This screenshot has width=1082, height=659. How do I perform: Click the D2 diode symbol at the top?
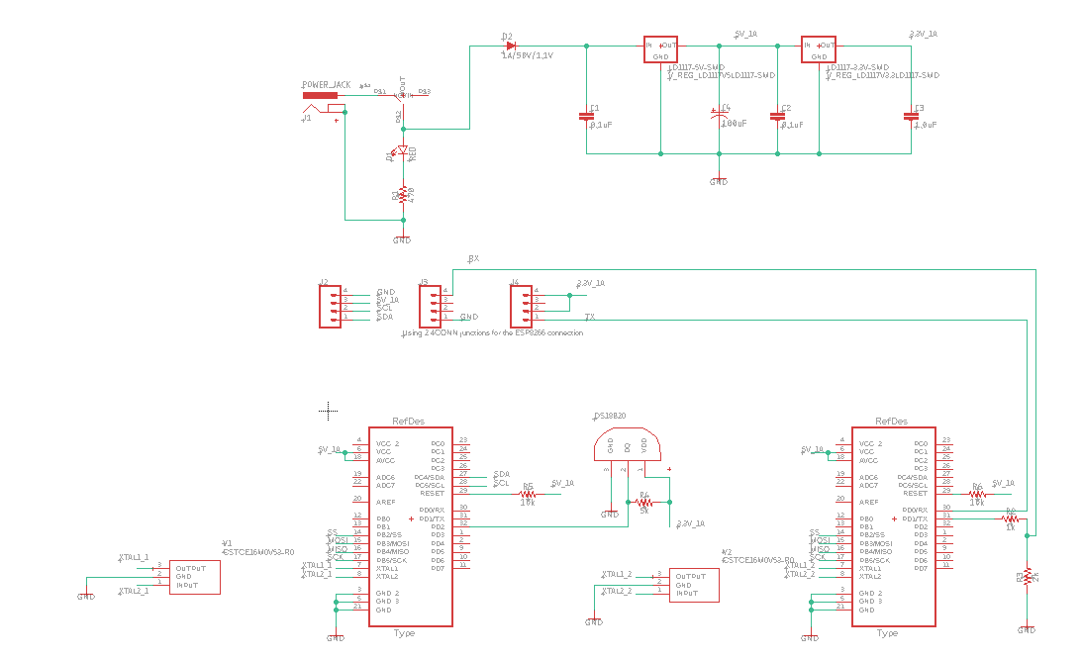click(511, 46)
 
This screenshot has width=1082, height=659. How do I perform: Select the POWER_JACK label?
click(326, 86)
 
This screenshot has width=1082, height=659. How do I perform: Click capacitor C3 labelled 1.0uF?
click(911, 116)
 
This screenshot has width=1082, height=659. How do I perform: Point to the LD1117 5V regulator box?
click(660, 50)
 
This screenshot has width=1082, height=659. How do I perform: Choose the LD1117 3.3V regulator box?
click(819, 50)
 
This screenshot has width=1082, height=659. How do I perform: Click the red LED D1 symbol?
click(403, 151)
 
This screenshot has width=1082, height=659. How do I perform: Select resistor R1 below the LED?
click(403, 196)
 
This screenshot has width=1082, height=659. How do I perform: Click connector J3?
click(431, 307)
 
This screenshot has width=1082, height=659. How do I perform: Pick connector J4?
click(522, 307)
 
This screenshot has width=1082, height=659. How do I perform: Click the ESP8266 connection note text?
click(493, 333)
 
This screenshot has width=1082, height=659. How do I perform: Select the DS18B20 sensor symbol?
click(627, 446)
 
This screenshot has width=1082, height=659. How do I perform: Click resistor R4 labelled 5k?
click(644, 503)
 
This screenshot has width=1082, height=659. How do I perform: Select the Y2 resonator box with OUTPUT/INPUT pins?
click(693, 584)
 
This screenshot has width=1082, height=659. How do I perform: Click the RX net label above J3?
click(473, 258)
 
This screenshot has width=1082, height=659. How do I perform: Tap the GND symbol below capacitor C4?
click(719, 181)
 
